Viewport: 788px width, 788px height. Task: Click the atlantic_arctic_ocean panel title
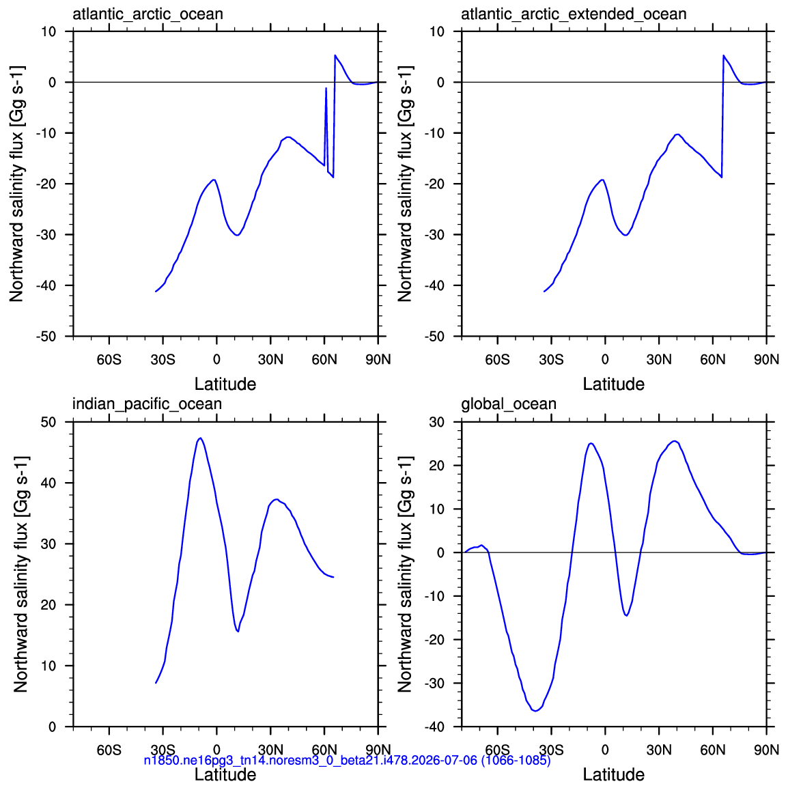tap(147, 14)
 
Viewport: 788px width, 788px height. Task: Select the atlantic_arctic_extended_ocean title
tap(574, 14)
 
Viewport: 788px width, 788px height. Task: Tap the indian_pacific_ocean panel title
tap(147, 404)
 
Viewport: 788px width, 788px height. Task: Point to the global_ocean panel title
tap(509, 404)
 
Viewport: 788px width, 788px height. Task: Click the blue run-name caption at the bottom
tap(348, 760)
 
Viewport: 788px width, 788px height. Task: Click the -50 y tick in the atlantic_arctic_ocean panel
tap(46, 336)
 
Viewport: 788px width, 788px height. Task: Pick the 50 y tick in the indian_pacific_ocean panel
tap(48, 422)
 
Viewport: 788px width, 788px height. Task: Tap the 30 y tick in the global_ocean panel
tap(437, 422)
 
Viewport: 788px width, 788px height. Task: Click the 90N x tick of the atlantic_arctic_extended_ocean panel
tap(766, 360)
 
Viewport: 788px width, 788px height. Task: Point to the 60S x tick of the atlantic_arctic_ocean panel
tap(109, 360)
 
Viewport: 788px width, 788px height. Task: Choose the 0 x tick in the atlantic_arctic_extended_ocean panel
tap(605, 360)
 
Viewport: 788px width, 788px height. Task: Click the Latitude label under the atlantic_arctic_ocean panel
tap(225, 384)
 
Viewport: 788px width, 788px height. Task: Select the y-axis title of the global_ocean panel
tap(405, 574)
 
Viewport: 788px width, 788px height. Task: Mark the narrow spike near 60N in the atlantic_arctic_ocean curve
tap(326, 89)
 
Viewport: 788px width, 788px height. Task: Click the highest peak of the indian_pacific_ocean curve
tap(201, 438)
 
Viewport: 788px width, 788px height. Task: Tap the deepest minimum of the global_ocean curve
tap(535, 711)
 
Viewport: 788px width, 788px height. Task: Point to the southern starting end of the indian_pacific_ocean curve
tap(156, 683)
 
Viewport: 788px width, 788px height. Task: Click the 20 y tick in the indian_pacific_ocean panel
tap(48, 605)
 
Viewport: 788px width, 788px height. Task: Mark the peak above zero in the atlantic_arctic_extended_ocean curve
tap(724, 55)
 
